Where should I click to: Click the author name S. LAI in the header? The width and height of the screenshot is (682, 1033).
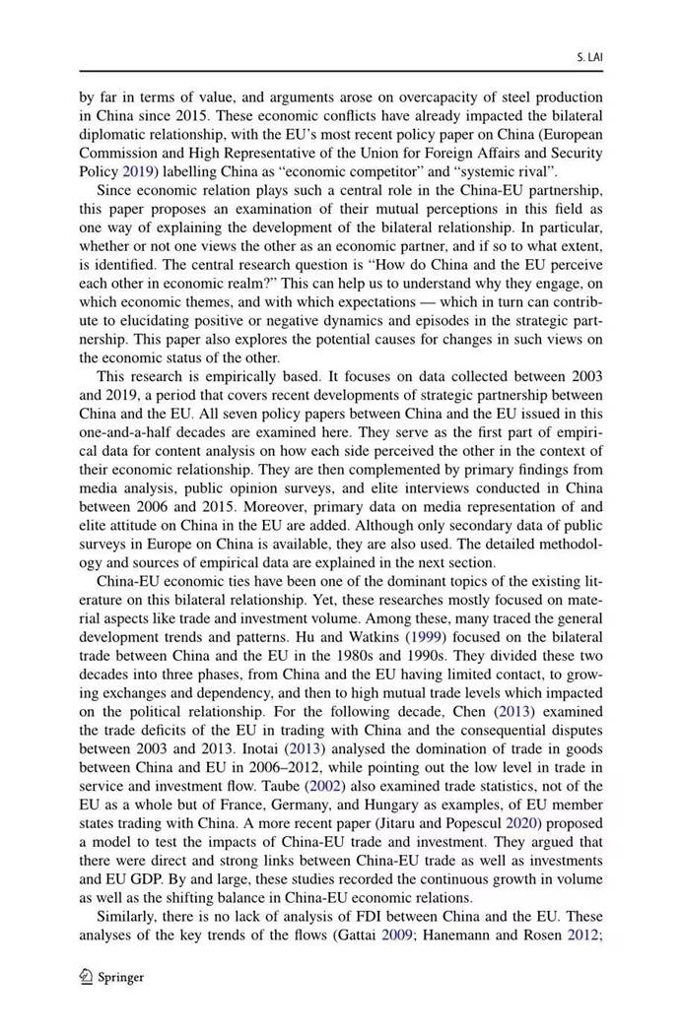tap(588, 58)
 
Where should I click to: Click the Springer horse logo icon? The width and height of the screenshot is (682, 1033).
tap(87, 978)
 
